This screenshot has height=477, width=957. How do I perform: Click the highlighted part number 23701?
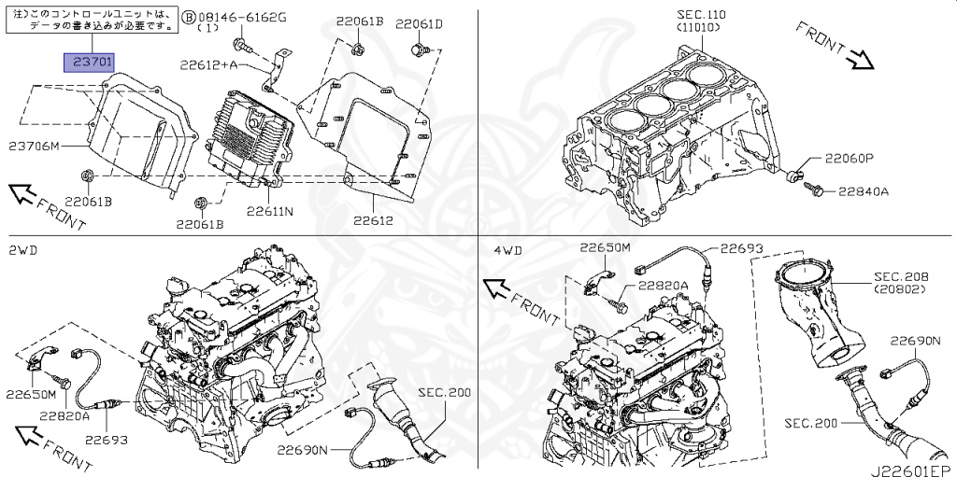coord(89,63)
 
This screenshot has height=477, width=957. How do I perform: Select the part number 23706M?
coord(35,147)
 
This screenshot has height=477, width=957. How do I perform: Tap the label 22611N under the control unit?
coord(270,212)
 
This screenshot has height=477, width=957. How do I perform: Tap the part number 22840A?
coord(863,191)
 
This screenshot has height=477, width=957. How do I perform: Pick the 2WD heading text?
coord(23,250)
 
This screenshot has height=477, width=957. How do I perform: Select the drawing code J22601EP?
coord(911,467)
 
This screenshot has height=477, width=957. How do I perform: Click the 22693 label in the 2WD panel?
coord(104,439)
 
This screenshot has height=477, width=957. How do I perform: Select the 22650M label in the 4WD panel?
coord(605,247)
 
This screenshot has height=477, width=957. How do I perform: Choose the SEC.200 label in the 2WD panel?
coord(444,392)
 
